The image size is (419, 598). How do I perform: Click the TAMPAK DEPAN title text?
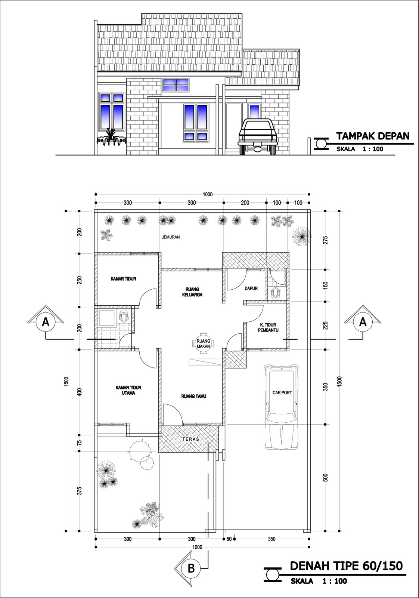coord(372,135)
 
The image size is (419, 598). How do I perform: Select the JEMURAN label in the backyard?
coord(171,237)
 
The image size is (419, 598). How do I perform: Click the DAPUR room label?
coord(251,289)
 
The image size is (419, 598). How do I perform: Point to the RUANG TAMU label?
coord(194,396)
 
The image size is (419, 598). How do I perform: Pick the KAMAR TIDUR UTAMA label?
coord(128,391)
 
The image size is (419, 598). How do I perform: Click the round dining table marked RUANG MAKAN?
coord(204,343)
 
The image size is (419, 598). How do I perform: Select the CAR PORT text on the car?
coord(282,393)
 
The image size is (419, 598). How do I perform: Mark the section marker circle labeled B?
coord(191,568)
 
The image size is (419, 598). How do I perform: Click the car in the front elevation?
coord(258,136)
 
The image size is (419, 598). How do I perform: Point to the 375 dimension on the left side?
coord(79,490)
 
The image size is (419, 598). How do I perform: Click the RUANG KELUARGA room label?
coord(193,292)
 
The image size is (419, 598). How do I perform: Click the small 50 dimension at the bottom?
coord(229,539)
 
